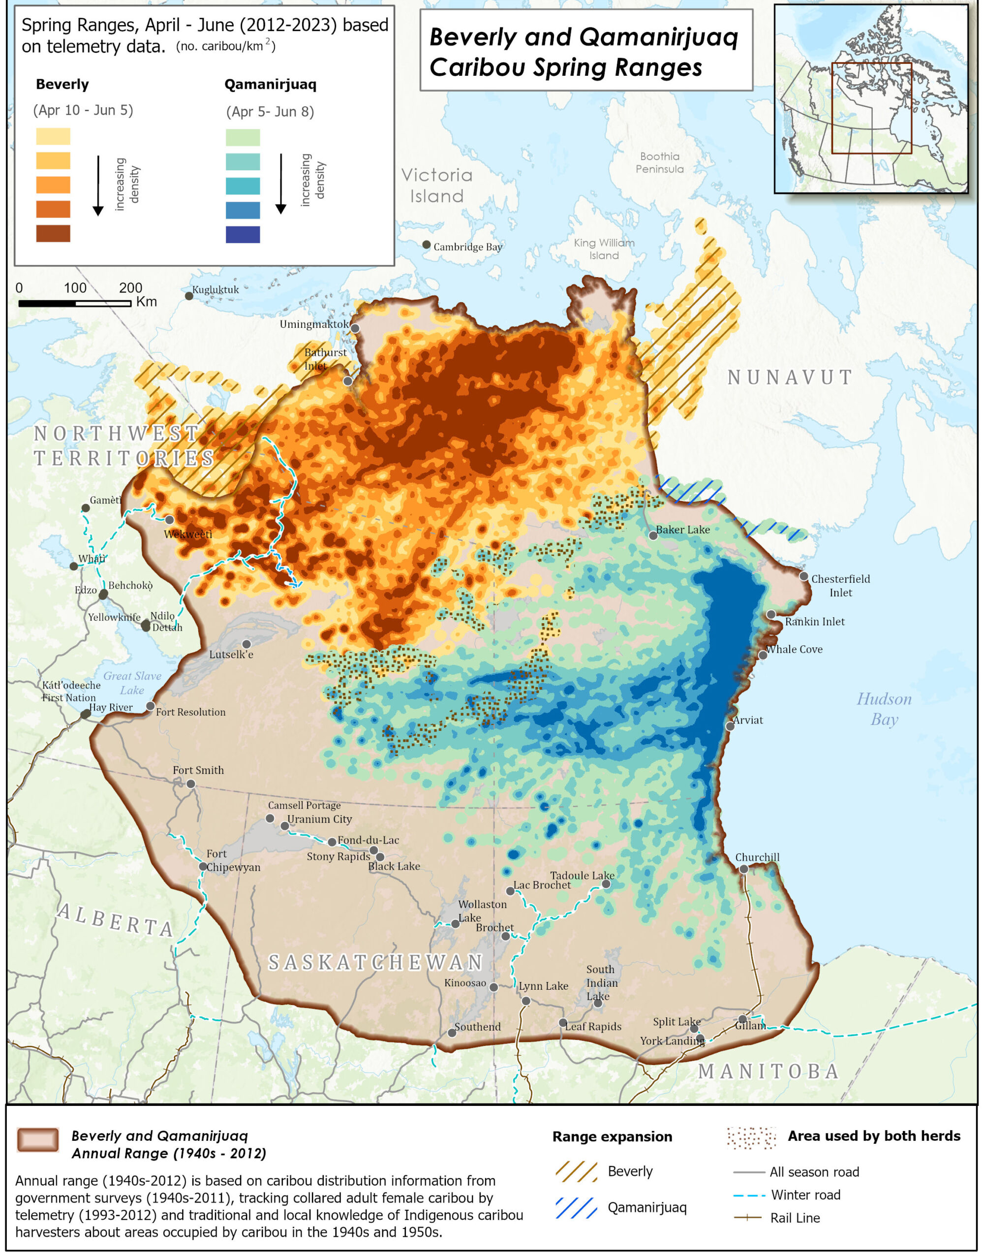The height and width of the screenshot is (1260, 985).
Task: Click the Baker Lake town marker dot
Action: pyautogui.click(x=653, y=535)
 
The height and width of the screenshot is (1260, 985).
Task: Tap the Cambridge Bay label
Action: pyautogui.click(x=468, y=247)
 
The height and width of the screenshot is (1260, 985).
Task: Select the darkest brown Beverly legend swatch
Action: pyautogui.click(x=53, y=234)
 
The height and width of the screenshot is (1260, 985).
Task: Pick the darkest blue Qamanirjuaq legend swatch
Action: pyautogui.click(x=243, y=235)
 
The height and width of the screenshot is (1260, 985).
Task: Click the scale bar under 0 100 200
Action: pyautogui.click(x=75, y=304)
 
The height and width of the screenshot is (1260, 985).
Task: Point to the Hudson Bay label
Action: pyautogui.click(x=884, y=709)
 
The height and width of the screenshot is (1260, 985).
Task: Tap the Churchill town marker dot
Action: pyautogui.click(x=744, y=869)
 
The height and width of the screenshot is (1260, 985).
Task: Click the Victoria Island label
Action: pyautogui.click(x=436, y=186)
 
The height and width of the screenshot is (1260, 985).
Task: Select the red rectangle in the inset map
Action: pyautogui.click(x=871, y=108)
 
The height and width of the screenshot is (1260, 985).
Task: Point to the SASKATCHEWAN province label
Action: pyautogui.click(x=376, y=962)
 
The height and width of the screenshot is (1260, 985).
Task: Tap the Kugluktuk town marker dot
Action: pyautogui.click(x=189, y=296)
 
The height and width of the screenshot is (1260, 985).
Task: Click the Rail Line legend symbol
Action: pyautogui.click(x=748, y=1218)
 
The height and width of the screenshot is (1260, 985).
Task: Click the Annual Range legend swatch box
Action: pyautogui.click(x=38, y=1140)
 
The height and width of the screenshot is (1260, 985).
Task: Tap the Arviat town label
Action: pyautogui.click(x=748, y=720)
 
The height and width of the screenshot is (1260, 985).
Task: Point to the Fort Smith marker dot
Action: pyautogui.click(x=191, y=784)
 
